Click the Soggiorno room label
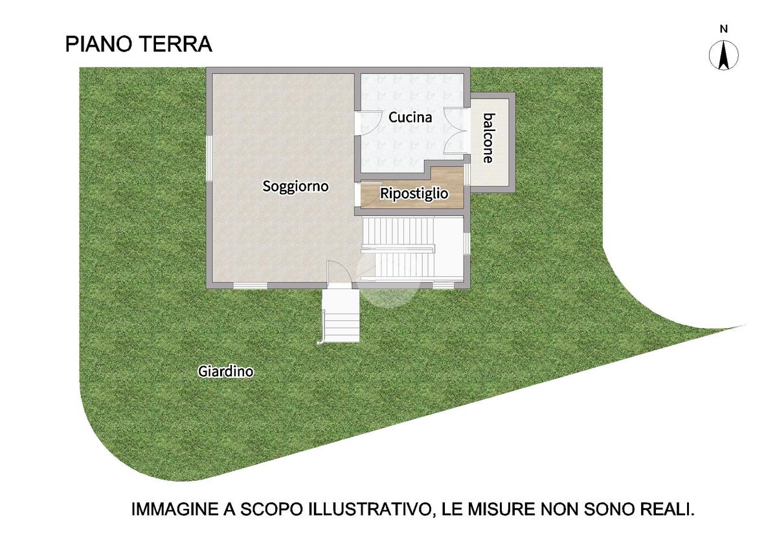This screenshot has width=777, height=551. (x=295, y=187)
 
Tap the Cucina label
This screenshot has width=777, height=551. (x=410, y=117)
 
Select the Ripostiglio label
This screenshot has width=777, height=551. (x=414, y=193)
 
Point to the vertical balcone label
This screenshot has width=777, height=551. (x=489, y=138)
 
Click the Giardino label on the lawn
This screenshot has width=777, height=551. (x=225, y=371)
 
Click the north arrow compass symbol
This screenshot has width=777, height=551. (x=724, y=55)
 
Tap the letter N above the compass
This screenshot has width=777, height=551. (x=724, y=29)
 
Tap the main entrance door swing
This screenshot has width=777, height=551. (x=339, y=273)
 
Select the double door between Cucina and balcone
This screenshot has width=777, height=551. (x=456, y=130)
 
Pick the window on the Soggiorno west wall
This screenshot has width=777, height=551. (x=208, y=158)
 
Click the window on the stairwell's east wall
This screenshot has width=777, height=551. (x=467, y=243)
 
